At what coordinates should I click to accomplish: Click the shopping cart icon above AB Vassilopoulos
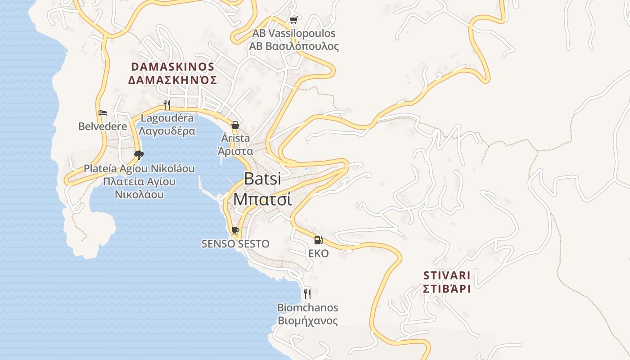[x=294, y=20]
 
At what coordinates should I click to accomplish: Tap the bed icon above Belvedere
[x=103, y=113]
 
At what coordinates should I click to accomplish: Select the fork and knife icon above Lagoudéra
[x=167, y=105]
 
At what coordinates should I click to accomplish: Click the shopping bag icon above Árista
[x=235, y=125]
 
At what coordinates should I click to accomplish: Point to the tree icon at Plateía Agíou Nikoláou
[x=139, y=155]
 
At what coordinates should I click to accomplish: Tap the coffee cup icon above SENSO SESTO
[x=235, y=231]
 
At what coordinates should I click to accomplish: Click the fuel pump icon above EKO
[x=318, y=240]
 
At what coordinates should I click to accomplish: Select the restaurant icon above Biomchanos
[x=307, y=294]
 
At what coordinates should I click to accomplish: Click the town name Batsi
[x=262, y=179]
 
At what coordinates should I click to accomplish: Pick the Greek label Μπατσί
[x=262, y=199]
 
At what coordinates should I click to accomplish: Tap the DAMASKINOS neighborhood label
[x=173, y=67]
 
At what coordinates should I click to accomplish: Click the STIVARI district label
[x=447, y=275]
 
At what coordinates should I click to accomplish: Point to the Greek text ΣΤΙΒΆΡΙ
[x=447, y=288]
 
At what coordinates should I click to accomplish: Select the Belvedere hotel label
[x=103, y=126]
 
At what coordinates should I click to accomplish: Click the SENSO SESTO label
[x=235, y=244]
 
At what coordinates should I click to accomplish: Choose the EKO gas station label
[x=318, y=253]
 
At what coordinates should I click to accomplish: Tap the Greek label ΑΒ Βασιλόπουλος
[x=294, y=46]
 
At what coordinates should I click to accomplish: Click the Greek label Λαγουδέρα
[x=167, y=131]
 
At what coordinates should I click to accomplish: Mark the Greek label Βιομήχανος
[x=307, y=321]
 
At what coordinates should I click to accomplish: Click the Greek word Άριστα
[x=235, y=151]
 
